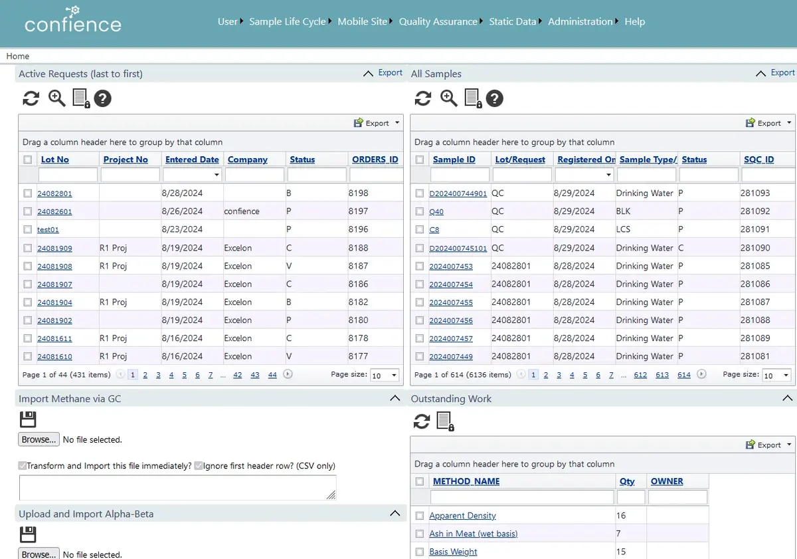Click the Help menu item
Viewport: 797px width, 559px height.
pos(634,22)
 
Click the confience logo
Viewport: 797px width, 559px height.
pos(73,20)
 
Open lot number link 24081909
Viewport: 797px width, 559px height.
pos(54,248)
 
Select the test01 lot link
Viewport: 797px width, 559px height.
pos(48,230)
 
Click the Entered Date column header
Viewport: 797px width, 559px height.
pos(192,160)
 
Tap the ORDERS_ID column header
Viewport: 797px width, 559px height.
pos(375,160)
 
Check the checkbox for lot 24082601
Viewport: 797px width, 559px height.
pos(28,211)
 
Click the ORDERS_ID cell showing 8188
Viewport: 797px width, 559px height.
pos(358,248)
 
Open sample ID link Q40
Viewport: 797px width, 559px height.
pos(436,212)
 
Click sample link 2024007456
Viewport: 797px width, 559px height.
pos(451,320)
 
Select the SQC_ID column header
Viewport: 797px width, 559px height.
pos(758,160)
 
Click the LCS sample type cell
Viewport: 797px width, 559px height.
pos(623,229)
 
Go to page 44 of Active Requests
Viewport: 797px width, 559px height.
pos(272,375)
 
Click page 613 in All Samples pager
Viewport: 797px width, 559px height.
pos(662,375)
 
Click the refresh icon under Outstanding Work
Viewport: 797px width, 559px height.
pos(422,421)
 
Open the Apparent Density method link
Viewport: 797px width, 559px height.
pos(462,516)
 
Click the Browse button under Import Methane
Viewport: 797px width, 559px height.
pos(39,440)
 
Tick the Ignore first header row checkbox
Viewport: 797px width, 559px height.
pos(199,466)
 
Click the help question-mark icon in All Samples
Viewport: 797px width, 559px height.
pos(494,98)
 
